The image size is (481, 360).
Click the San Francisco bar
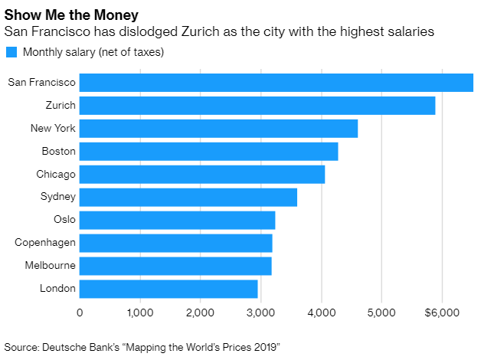pos(276,82)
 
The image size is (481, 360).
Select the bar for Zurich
pos(257,105)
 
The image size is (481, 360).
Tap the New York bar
pos(218,128)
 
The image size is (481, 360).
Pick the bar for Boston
pos(208,151)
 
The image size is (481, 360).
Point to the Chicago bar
pos(202,174)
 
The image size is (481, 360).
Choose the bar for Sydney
pos(188,197)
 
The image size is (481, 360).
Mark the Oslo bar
pos(177,220)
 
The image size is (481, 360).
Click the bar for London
pos(169,289)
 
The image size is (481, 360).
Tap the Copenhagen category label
pos(45,243)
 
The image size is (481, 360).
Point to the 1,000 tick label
pos(139,313)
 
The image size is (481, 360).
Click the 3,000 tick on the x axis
pos(260,313)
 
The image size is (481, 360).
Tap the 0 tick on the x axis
pos(80,313)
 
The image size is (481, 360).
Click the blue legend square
pos(11,52)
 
